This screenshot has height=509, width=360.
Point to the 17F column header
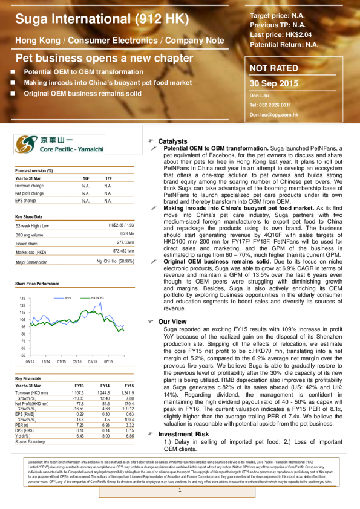(x=108, y=178)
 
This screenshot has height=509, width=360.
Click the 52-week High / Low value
(x=121, y=225)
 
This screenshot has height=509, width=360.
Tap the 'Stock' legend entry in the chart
(x=68, y=297)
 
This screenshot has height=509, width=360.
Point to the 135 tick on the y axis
(x=22, y=299)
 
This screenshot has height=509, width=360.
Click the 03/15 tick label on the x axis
(x=77, y=361)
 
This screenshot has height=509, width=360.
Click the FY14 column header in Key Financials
(x=104, y=386)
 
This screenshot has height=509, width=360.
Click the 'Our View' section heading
(x=172, y=322)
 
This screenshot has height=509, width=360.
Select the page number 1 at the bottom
(x=180, y=489)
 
